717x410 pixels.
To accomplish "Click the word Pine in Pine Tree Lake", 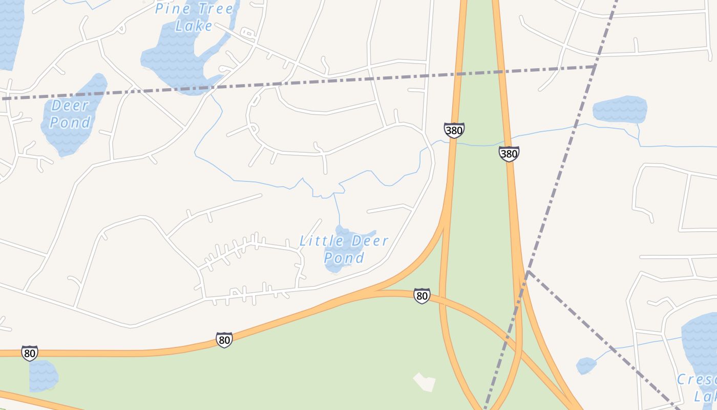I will click(x=173, y=9).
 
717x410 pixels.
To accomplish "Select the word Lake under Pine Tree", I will click(x=194, y=26).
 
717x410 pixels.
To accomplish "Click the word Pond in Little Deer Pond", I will click(x=344, y=257).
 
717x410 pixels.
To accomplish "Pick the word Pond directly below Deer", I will click(x=70, y=122).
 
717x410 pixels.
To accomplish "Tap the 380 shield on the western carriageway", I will click(x=454, y=130).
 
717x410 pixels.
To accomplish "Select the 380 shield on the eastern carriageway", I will click(x=509, y=153).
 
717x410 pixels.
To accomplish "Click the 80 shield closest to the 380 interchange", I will click(x=421, y=296).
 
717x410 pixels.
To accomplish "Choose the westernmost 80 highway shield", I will click(x=30, y=353).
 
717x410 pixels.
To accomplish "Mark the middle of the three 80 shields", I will click(x=224, y=339).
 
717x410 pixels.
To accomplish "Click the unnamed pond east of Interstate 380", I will click(x=620, y=109).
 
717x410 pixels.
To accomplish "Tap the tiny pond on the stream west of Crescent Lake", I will click(x=586, y=365).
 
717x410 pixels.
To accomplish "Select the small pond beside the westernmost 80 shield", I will click(x=43, y=376).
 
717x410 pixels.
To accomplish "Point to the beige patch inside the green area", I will click(x=424, y=382).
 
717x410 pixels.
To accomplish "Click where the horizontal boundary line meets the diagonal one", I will click(x=595, y=66).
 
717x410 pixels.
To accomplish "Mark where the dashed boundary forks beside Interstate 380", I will click(x=528, y=271).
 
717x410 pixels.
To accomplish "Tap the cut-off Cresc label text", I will click(x=697, y=380).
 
